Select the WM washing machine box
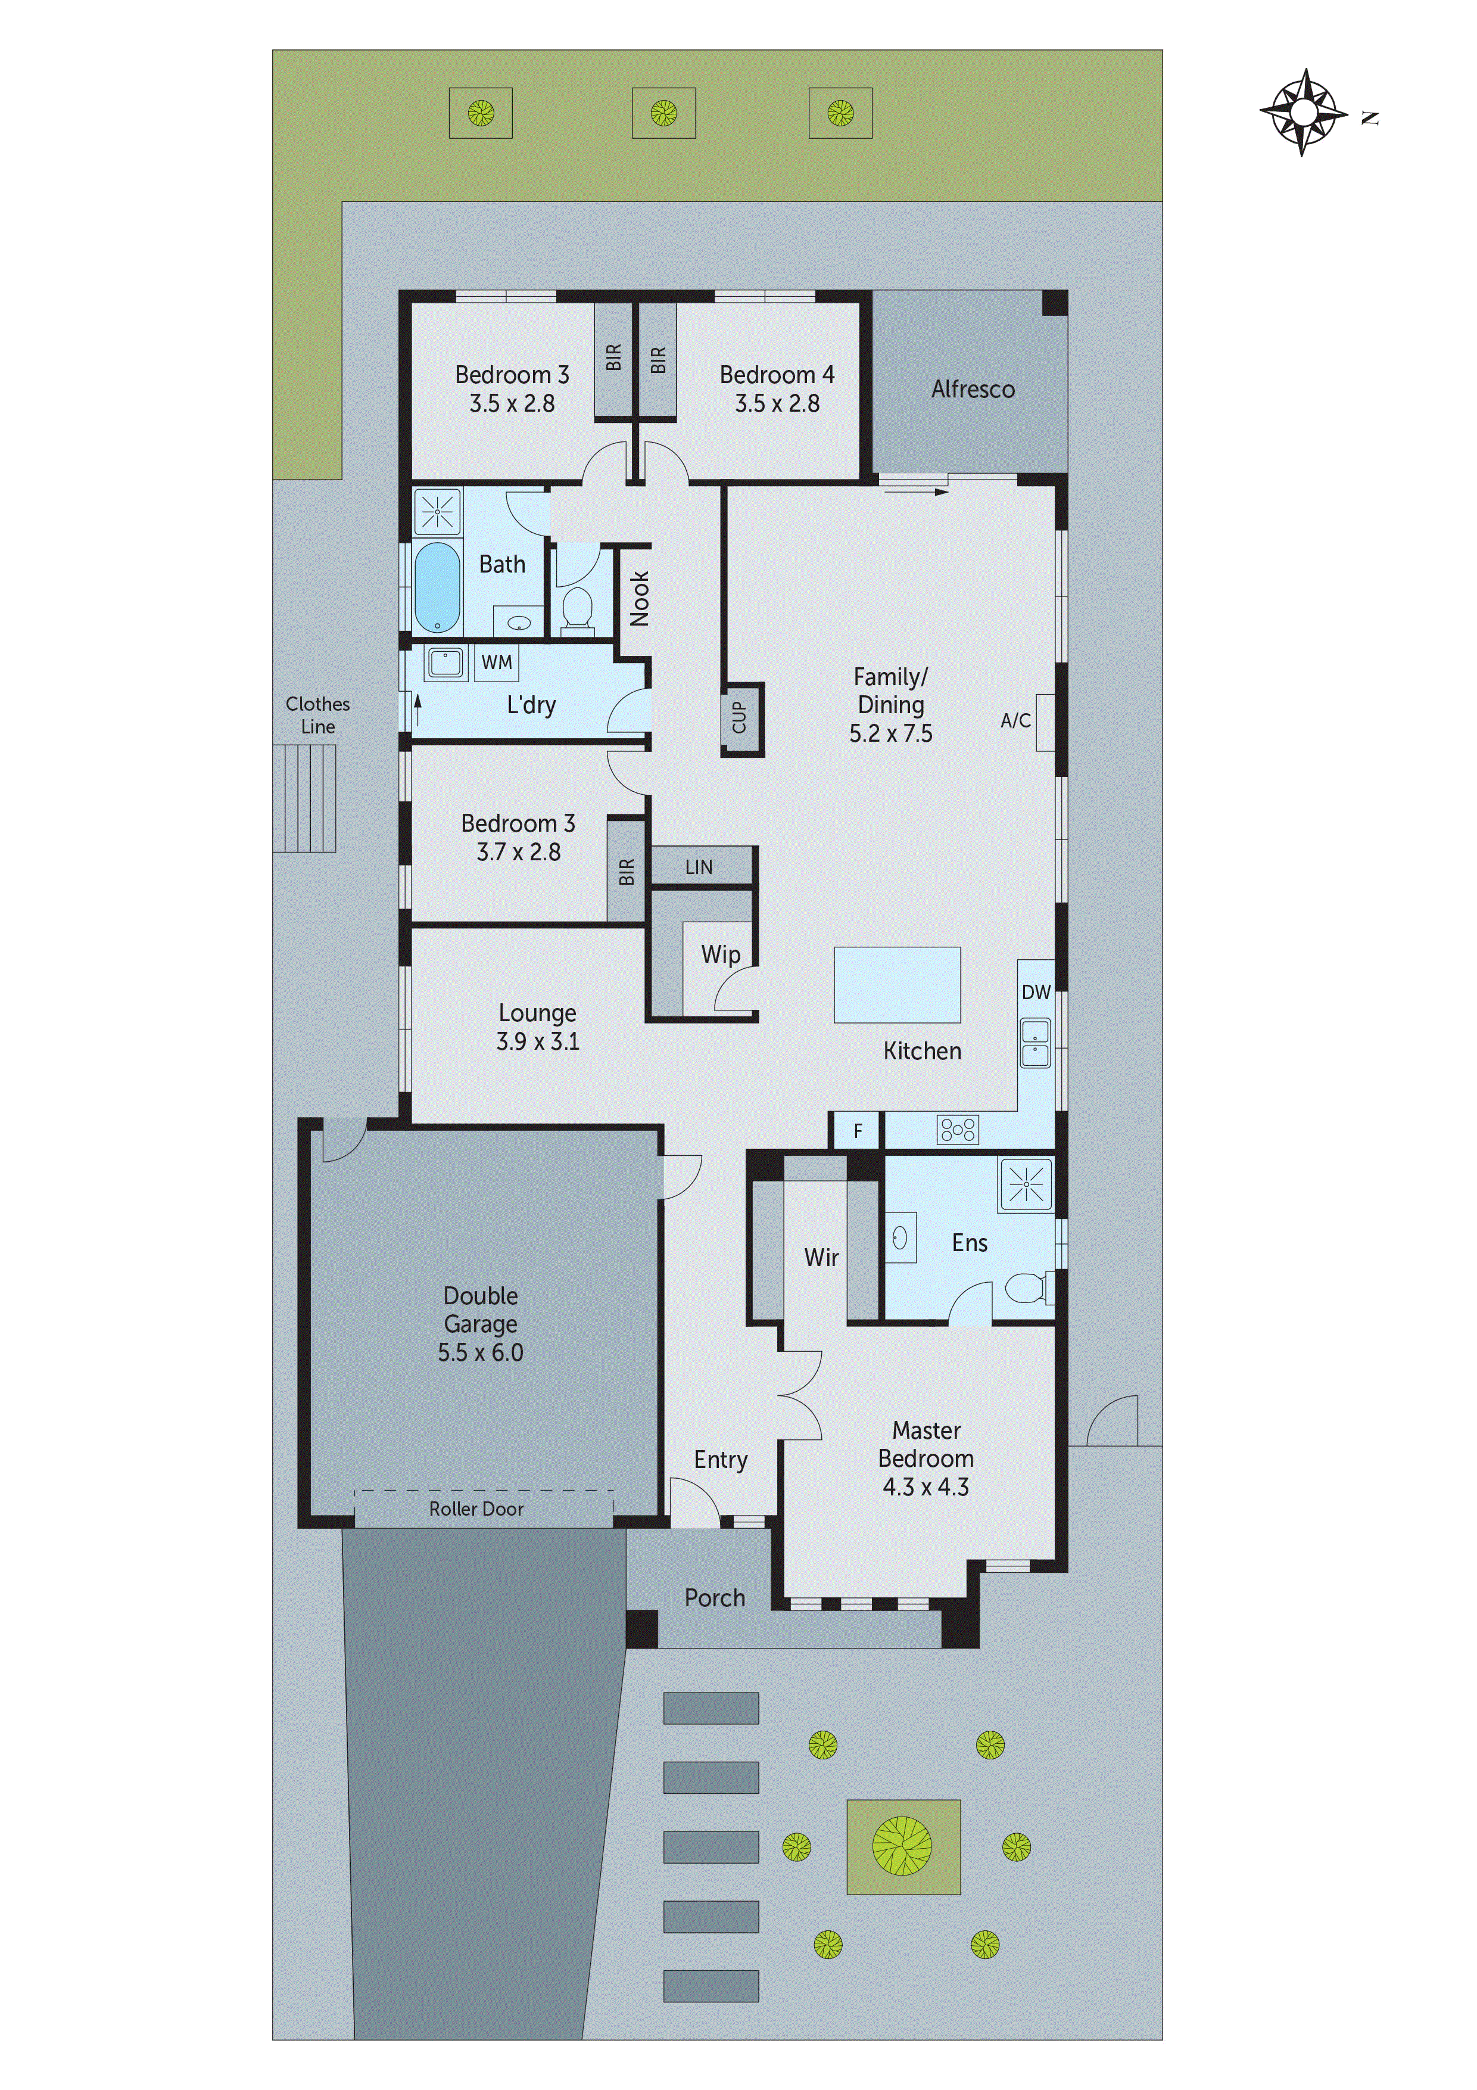pos(496,662)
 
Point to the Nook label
pos(640,598)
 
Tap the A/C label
pos(1015,720)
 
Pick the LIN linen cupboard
pos(699,867)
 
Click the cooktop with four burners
pos(957,1130)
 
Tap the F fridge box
pos(856,1131)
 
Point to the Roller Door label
pos(476,1509)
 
